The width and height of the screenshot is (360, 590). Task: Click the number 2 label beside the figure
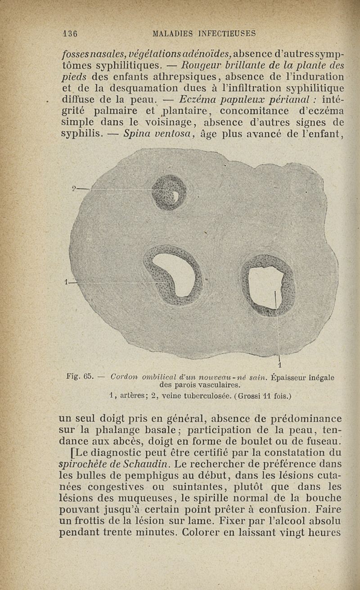75,189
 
